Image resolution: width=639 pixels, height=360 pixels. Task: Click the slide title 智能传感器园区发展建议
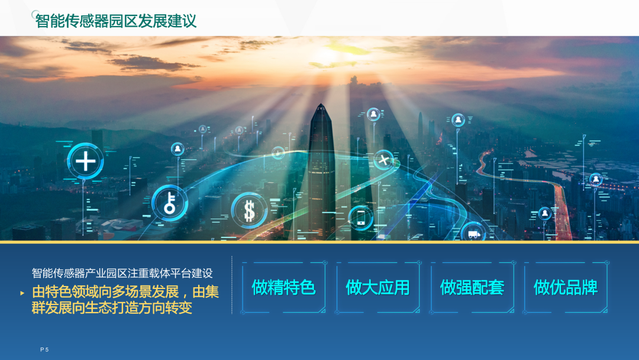116,21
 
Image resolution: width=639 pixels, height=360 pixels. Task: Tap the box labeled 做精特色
283,287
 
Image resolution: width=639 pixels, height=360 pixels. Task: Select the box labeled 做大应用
377,287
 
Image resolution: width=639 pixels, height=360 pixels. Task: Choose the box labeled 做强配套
472,287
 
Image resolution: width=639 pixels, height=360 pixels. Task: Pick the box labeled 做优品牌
566,287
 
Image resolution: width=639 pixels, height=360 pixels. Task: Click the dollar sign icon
249,211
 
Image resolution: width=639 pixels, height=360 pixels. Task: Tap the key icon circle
170,203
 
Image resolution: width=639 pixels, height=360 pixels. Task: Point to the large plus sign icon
85,160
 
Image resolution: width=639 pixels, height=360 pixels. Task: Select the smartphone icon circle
361,218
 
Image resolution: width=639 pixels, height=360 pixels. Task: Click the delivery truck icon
473,234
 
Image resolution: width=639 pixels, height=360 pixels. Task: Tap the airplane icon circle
383,160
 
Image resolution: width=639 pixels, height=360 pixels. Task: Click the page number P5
44,349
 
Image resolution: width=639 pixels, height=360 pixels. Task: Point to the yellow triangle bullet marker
22,292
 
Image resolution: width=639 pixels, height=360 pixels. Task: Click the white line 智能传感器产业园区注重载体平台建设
122,273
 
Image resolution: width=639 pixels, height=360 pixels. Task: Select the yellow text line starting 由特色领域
125,291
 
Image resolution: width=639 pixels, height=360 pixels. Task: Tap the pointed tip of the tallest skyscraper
321,104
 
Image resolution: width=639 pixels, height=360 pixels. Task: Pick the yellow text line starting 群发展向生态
112,308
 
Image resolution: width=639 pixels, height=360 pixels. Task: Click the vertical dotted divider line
231,285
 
